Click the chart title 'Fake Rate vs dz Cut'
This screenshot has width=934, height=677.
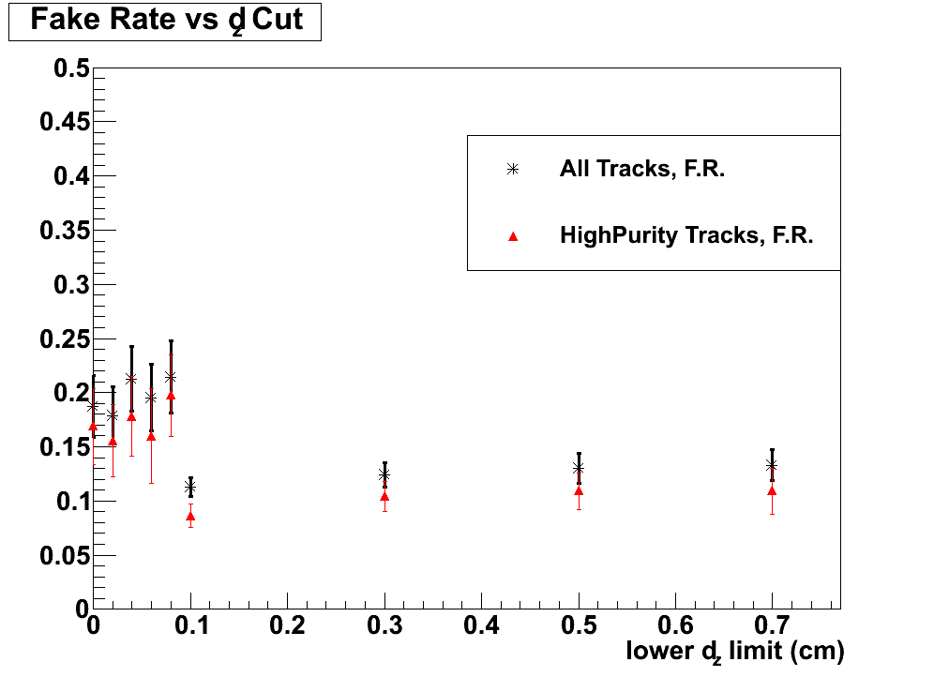click(166, 21)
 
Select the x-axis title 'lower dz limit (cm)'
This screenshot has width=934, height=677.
click(735, 651)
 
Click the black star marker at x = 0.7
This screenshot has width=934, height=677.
click(772, 465)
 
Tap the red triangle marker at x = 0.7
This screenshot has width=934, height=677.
click(772, 490)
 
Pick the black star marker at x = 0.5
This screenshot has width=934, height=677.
click(579, 468)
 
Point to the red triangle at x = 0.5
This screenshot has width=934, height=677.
click(579, 490)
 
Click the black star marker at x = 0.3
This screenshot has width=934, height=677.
click(384, 474)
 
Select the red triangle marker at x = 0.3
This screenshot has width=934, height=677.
click(384, 496)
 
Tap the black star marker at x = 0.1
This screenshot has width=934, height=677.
click(190, 488)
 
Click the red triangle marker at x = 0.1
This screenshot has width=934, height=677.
click(190, 516)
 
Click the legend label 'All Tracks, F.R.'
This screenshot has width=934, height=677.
click(642, 170)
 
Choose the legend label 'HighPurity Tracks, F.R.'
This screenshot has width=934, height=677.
click(686, 235)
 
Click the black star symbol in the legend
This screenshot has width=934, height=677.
click(512, 170)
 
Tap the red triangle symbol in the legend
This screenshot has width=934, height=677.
click(512, 236)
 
